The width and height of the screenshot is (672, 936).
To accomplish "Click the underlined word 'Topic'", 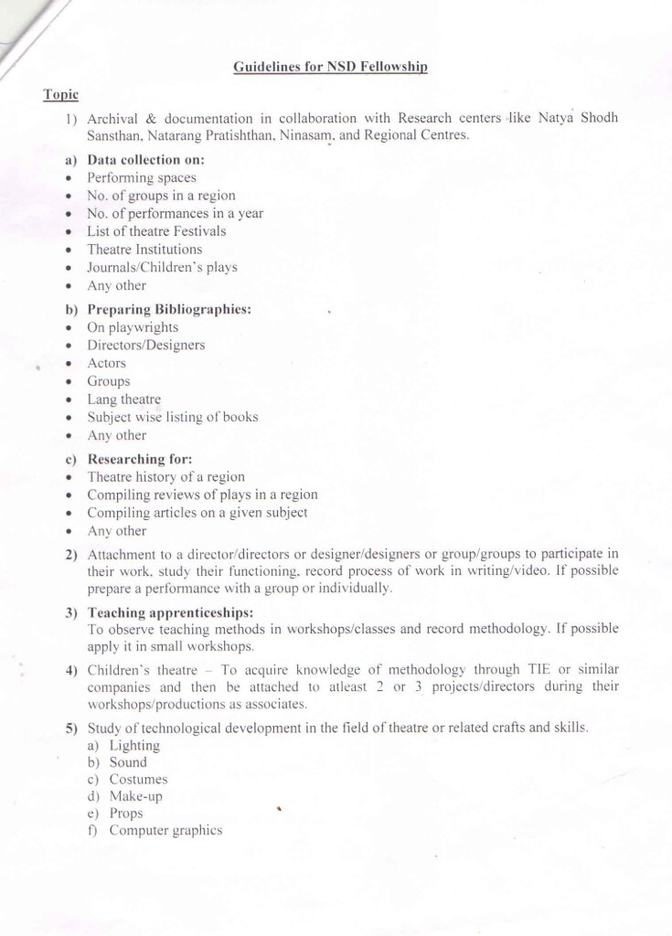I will coord(60,94).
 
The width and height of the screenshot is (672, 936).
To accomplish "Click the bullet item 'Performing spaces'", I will coord(141,177).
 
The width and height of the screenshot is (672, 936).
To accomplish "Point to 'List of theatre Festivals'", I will coord(155,231).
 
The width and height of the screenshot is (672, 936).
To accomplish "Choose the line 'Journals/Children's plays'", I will coord(162,267).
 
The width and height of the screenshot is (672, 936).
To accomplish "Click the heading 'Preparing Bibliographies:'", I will coord(168,309).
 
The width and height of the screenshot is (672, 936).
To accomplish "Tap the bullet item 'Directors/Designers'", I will coord(145,345).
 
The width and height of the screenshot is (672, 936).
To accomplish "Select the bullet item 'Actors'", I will coord(106,363).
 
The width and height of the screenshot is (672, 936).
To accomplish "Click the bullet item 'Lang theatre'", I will coord(123,399).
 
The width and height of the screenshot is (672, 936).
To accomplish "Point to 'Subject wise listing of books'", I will coord(172,417).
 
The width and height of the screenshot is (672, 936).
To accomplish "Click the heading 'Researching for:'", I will coord(139,459).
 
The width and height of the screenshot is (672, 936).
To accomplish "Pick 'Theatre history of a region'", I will coord(165,476).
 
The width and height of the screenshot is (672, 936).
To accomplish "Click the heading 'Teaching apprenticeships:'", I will coord(169,612).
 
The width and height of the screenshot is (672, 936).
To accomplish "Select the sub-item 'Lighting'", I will coord(133,746).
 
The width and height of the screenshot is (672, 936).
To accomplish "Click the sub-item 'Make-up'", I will coord(135,796).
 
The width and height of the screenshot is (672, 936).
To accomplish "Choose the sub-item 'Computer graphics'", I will coord(165,830).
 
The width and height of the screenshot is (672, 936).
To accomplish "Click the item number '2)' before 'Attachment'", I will coord(70,554).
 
